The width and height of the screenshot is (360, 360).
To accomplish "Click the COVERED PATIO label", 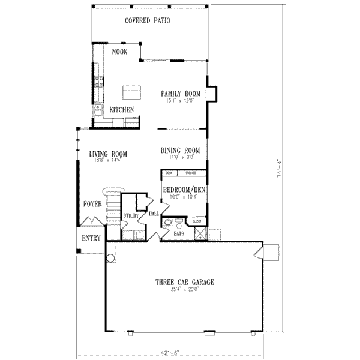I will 148,20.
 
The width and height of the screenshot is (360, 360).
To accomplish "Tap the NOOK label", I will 119,52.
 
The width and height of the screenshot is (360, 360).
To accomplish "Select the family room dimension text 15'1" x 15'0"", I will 180,101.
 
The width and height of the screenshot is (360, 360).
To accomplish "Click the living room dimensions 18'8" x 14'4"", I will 109,160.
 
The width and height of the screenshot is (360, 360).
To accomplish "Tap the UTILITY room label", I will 131,215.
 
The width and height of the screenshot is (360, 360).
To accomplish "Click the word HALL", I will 153,213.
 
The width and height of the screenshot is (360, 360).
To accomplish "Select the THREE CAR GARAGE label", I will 185,282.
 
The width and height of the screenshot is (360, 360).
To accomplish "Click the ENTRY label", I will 91,238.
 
